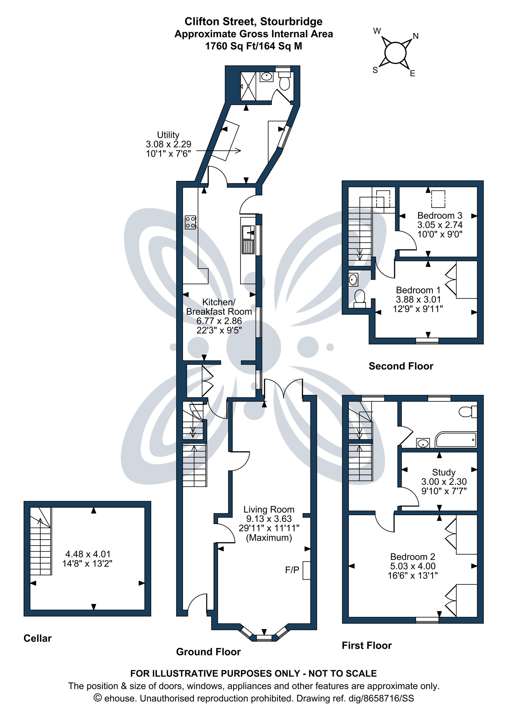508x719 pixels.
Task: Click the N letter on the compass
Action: point(416,36)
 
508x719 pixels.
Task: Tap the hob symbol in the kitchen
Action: point(190,222)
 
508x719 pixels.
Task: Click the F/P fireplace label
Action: point(292,570)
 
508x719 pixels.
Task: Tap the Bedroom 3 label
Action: point(440,215)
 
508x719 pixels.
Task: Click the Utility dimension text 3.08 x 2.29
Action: point(168,144)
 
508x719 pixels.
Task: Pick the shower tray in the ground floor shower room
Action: point(248,86)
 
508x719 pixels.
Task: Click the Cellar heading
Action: point(38,638)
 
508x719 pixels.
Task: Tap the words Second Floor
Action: point(401,366)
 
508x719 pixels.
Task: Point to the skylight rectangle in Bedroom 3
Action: point(438,199)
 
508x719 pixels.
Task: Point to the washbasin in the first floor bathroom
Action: point(423,443)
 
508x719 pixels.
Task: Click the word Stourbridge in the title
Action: point(291,22)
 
